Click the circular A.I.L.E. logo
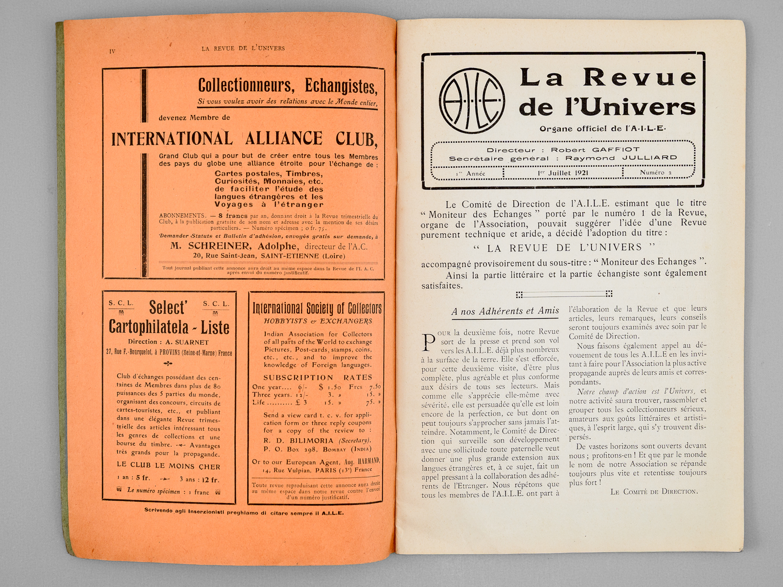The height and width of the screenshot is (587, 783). click(x=472, y=100)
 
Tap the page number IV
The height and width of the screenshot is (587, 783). click(x=112, y=51)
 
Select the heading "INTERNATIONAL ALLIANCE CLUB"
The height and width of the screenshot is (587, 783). click(x=244, y=139)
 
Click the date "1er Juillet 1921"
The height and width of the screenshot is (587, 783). click(x=563, y=173)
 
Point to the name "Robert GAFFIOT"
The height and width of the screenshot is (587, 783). click(x=595, y=150)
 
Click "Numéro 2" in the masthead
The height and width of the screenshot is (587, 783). click(x=656, y=173)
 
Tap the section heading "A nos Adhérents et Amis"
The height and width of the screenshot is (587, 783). click(x=505, y=311)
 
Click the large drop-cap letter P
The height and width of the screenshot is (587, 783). click(x=428, y=342)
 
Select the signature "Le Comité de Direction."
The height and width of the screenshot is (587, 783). click(x=654, y=492)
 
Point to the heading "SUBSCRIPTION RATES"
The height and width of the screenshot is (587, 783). click(x=317, y=377)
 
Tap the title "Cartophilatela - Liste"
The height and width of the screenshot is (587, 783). click(x=169, y=327)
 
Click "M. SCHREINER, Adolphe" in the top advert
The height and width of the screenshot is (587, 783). click(x=233, y=246)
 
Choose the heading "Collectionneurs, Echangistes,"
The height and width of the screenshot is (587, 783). click(x=287, y=86)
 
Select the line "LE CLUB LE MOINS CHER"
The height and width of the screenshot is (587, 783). click(x=168, y=466)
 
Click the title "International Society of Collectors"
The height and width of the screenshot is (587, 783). click(x=317, y=308)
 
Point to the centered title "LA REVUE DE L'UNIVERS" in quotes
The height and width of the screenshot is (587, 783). click(x=564, y=248)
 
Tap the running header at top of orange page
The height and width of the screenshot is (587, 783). click(x=243, y=48)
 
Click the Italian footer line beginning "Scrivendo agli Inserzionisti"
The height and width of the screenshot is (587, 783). click(x=244, y=513)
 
